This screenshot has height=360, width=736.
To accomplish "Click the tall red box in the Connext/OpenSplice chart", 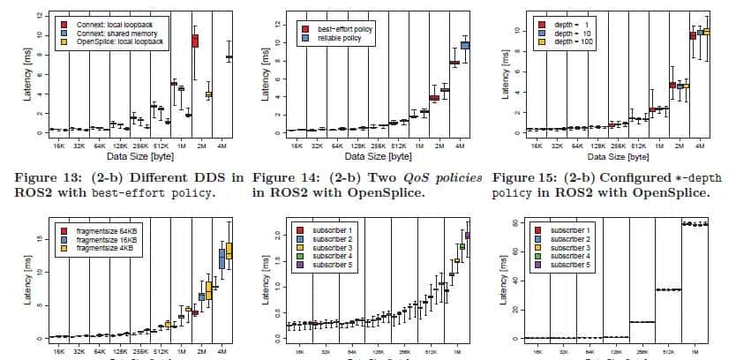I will (195, 41).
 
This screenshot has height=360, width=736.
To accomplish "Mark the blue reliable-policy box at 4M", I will (465, 45).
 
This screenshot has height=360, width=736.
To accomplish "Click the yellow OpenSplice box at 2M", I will (209, 94).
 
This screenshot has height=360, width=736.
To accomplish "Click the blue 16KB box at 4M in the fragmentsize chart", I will (222, 258).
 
